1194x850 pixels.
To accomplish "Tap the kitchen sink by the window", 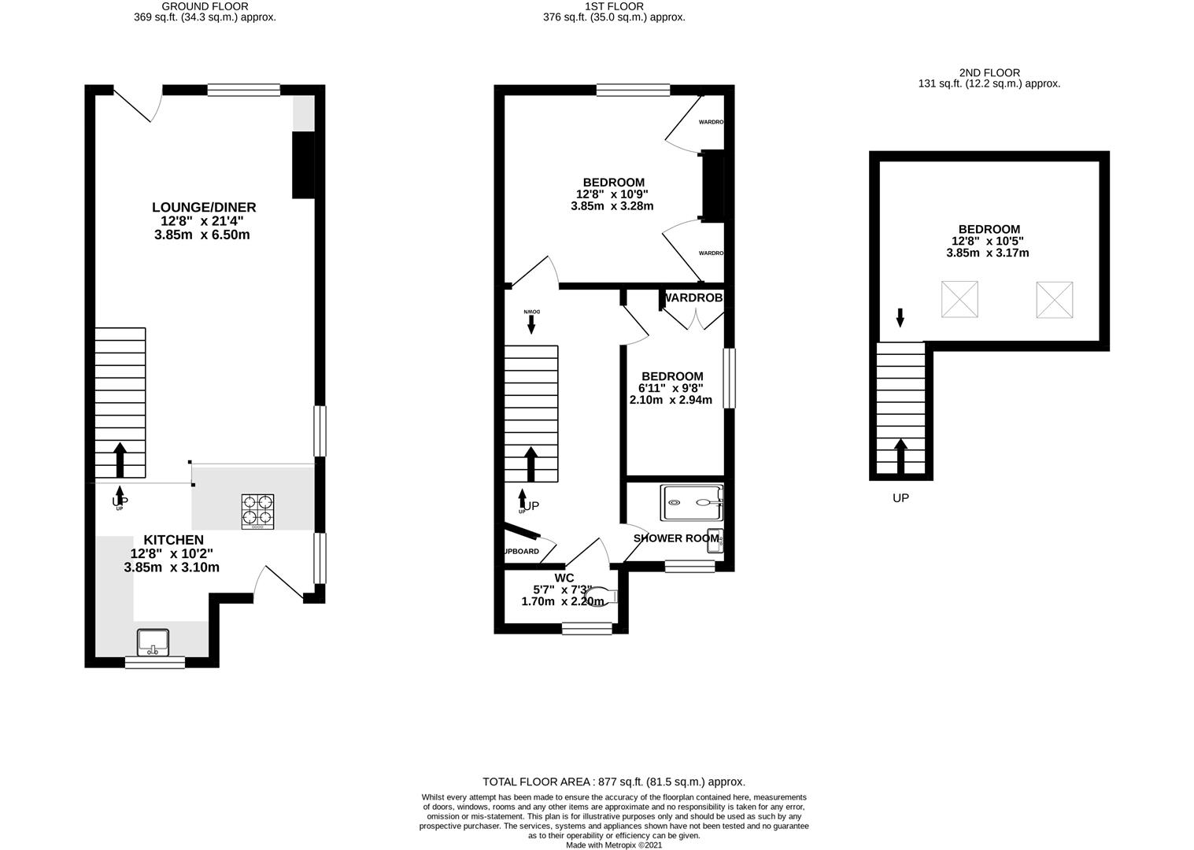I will click(153, 642).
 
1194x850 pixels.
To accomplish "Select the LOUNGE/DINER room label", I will click(204, 208).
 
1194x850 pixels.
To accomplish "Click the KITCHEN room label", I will click(173, 540).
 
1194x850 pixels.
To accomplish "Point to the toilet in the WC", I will click(604, 596).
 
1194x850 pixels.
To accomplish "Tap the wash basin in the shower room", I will click(715, 541).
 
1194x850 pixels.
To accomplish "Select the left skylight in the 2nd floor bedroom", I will click(959, 299).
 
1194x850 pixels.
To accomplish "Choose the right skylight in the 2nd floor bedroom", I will click(1054, 299).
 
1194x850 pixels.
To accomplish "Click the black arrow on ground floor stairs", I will click(120, 459).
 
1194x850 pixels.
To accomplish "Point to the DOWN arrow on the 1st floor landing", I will click(531, 323).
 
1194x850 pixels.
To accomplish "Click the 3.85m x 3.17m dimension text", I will click(987, 253).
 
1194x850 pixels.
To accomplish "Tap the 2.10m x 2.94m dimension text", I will click(671, 400).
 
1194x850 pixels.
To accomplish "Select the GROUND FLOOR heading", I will click(205, 6).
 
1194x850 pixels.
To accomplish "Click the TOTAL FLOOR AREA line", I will click(613, 782).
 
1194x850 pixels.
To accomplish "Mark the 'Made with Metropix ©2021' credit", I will click(614, 845).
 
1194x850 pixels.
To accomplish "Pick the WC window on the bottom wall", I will click(586, 628).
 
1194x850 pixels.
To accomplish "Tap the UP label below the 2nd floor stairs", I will click(900, 498).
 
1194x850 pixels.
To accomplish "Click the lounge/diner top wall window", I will click(243, 91).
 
